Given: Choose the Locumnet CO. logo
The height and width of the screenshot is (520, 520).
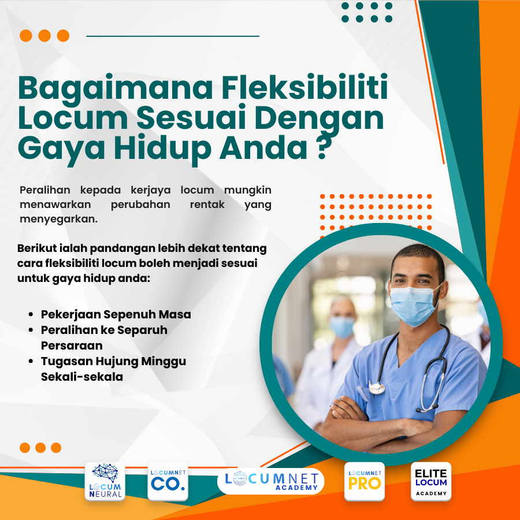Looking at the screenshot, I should pos(168,481).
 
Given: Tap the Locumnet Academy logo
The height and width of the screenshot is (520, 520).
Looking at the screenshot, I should pos(271,481).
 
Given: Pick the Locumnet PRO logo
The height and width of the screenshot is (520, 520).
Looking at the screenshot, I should pos(364,481).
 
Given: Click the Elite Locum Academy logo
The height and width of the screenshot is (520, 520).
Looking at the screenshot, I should pos(431,481).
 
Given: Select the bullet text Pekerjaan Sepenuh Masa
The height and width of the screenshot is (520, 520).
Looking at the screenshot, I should pos(116,315).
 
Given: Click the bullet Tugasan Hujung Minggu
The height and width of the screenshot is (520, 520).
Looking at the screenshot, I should pos(114,362).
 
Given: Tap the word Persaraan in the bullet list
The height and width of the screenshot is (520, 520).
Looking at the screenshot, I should pos(72,346).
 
